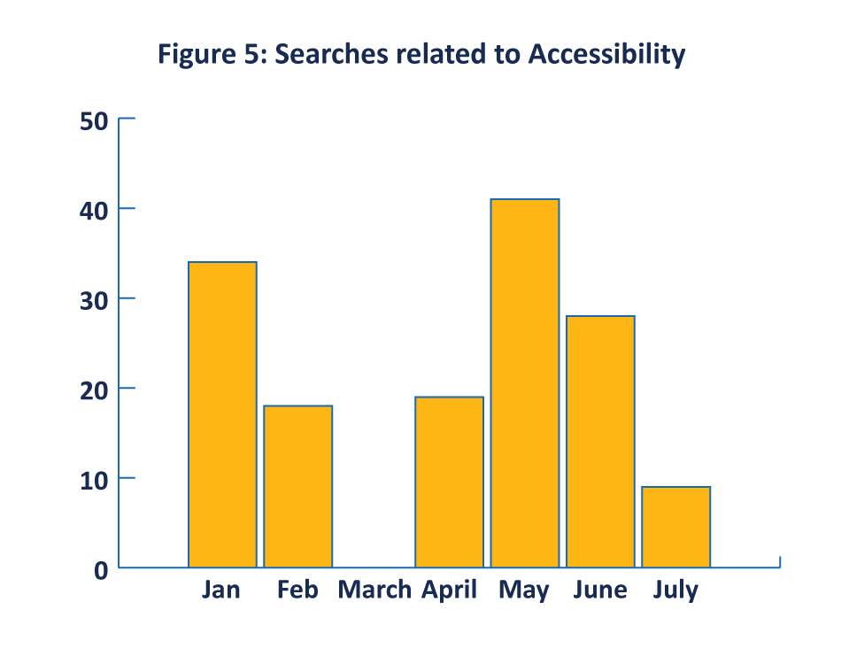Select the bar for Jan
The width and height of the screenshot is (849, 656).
click(x=222, y=414)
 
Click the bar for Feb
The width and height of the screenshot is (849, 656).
click(x=297, y=486)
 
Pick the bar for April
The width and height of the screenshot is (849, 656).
click(x=449, y=482)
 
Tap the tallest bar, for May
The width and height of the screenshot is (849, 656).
click(x=525, y=382)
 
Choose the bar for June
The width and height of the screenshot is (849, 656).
click(x=600, y=441)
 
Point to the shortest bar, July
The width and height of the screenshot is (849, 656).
click(x=675, y=527)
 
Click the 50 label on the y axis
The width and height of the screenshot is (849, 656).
click(x=94, y=121)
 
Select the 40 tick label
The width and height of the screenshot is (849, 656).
click(x=94, y=211)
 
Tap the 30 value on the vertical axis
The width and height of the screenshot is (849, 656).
click(x=94, y=300)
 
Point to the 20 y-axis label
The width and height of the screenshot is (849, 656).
click(x=94, y=390)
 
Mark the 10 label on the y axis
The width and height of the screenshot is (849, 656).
click(x=94, y=480)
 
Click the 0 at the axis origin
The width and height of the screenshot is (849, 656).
click(x=100, y=570)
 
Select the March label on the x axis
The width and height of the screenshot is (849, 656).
click(x=374, y=590)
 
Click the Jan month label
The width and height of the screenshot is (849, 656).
click(x=220, y=590)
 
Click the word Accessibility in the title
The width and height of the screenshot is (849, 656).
click(x=606, y=55)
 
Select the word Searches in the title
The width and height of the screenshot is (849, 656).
click(x=333, y=55)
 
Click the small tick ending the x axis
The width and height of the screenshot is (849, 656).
click(x=779, y=561)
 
